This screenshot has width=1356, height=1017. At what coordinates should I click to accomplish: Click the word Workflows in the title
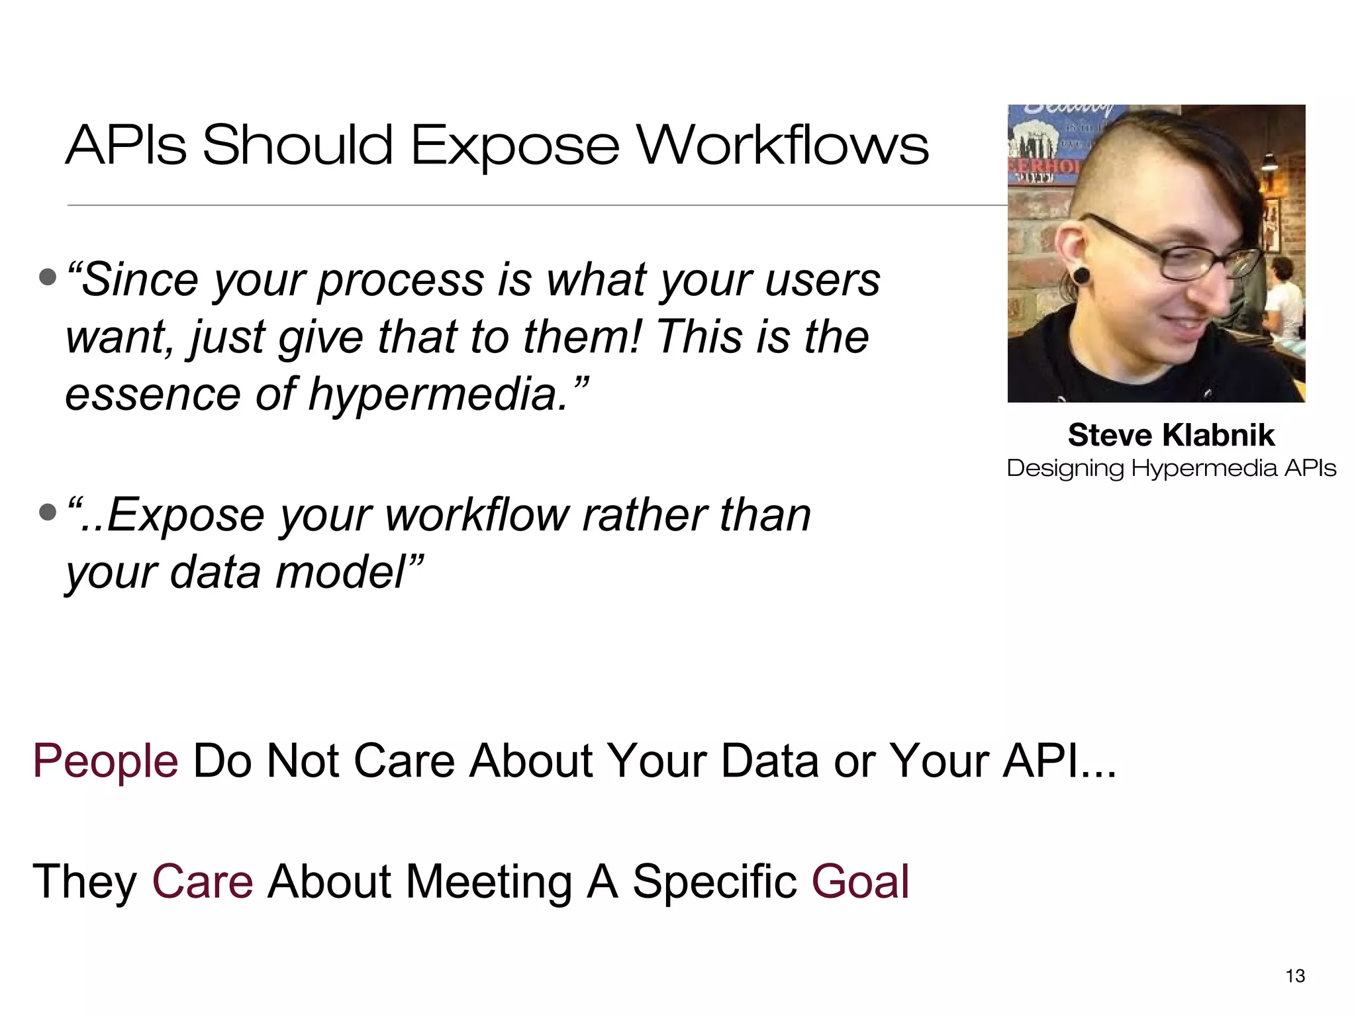[x=783, y=145]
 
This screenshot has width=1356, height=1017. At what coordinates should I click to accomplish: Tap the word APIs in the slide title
[x=126, y=145]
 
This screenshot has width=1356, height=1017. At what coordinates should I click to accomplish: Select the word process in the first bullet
[x=401, y=281]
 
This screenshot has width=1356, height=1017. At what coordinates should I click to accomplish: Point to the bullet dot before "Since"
[x=48, y=277]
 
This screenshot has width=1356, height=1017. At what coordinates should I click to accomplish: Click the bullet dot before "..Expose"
[x=48, y=512]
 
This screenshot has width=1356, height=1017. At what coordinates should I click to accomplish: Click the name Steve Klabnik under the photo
[x=1171, y=435]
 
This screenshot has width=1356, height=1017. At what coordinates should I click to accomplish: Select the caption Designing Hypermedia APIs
[x=1171, y=469]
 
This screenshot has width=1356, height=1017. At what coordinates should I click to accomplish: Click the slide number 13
[x=1295, y=976]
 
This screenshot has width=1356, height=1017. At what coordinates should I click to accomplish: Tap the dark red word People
[x=105, y=761]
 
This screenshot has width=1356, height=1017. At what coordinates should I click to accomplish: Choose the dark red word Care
[x=203, y=881]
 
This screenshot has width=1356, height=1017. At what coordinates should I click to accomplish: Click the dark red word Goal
[x=860, y=881]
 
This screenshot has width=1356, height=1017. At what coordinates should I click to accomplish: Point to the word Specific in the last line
[x=714, y=883]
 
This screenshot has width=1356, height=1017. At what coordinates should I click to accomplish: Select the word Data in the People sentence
[x=769, y=761]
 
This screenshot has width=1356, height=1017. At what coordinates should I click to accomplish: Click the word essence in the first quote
[x=152, y=395]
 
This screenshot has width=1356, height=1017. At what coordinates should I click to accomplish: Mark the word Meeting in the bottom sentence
[x=489, y=883]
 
